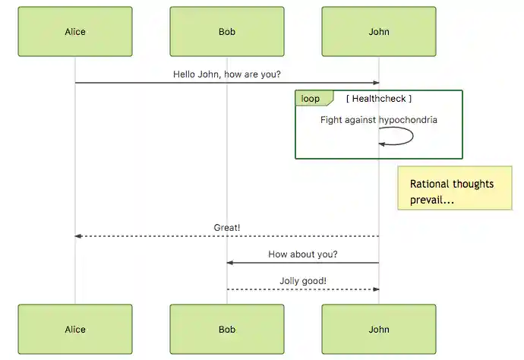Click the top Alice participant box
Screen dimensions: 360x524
point(75,32)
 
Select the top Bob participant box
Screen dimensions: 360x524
point(226,32)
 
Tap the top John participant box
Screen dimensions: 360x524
point(378,32)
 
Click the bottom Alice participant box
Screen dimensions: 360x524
point(75,330)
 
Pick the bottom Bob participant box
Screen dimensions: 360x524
point(226,330)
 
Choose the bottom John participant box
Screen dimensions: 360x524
point(378,330)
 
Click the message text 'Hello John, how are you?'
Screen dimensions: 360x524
point(226,74)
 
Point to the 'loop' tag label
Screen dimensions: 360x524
point(311,99)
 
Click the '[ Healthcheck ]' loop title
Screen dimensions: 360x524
point(378,99)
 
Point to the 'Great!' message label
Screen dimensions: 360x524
point(226,227)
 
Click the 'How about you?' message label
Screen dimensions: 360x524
point(303,254)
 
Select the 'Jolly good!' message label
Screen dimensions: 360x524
point(303,281)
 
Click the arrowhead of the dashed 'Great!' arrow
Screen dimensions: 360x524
point(77,236)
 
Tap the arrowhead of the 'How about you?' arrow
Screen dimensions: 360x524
point(229,263)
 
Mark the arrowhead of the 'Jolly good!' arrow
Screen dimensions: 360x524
point(375,289)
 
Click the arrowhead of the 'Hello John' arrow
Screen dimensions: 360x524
point(375,83)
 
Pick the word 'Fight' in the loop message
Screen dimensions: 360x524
point(331,120)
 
